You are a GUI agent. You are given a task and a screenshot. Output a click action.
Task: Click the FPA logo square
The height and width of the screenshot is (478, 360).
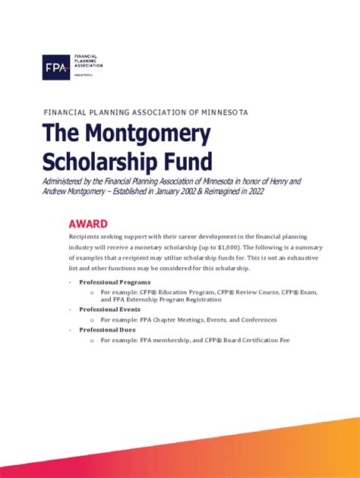(x=55, y=67)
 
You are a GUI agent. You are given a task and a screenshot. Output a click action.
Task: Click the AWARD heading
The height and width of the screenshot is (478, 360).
(x=87, y=224)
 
